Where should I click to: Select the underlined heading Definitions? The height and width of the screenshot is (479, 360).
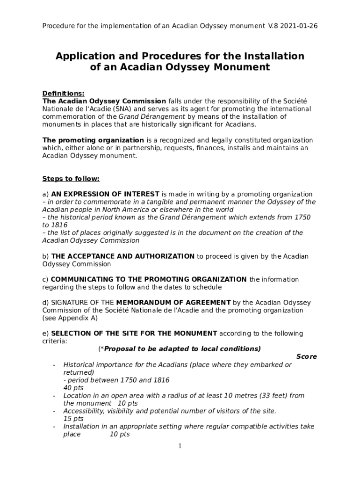click(63, 94)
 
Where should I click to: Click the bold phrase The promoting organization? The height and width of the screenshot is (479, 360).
click(93, 140)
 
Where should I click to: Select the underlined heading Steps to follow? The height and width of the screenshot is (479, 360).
click(71, 179)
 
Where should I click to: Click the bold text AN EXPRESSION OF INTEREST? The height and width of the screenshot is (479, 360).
click(105, 194)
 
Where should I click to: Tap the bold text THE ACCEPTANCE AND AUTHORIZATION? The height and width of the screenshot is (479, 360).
click(122, 256)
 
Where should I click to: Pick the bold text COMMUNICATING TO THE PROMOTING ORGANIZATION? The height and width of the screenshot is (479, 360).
click(149, 279)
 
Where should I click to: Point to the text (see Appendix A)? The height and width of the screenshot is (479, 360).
click(70, 318)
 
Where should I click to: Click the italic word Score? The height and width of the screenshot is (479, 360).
click(306, 356)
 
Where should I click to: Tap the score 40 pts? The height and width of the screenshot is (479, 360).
click(73, 388)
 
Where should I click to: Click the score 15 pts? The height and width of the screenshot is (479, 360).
click(73, 419)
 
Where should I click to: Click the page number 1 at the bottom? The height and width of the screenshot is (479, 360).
click(180, 446)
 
